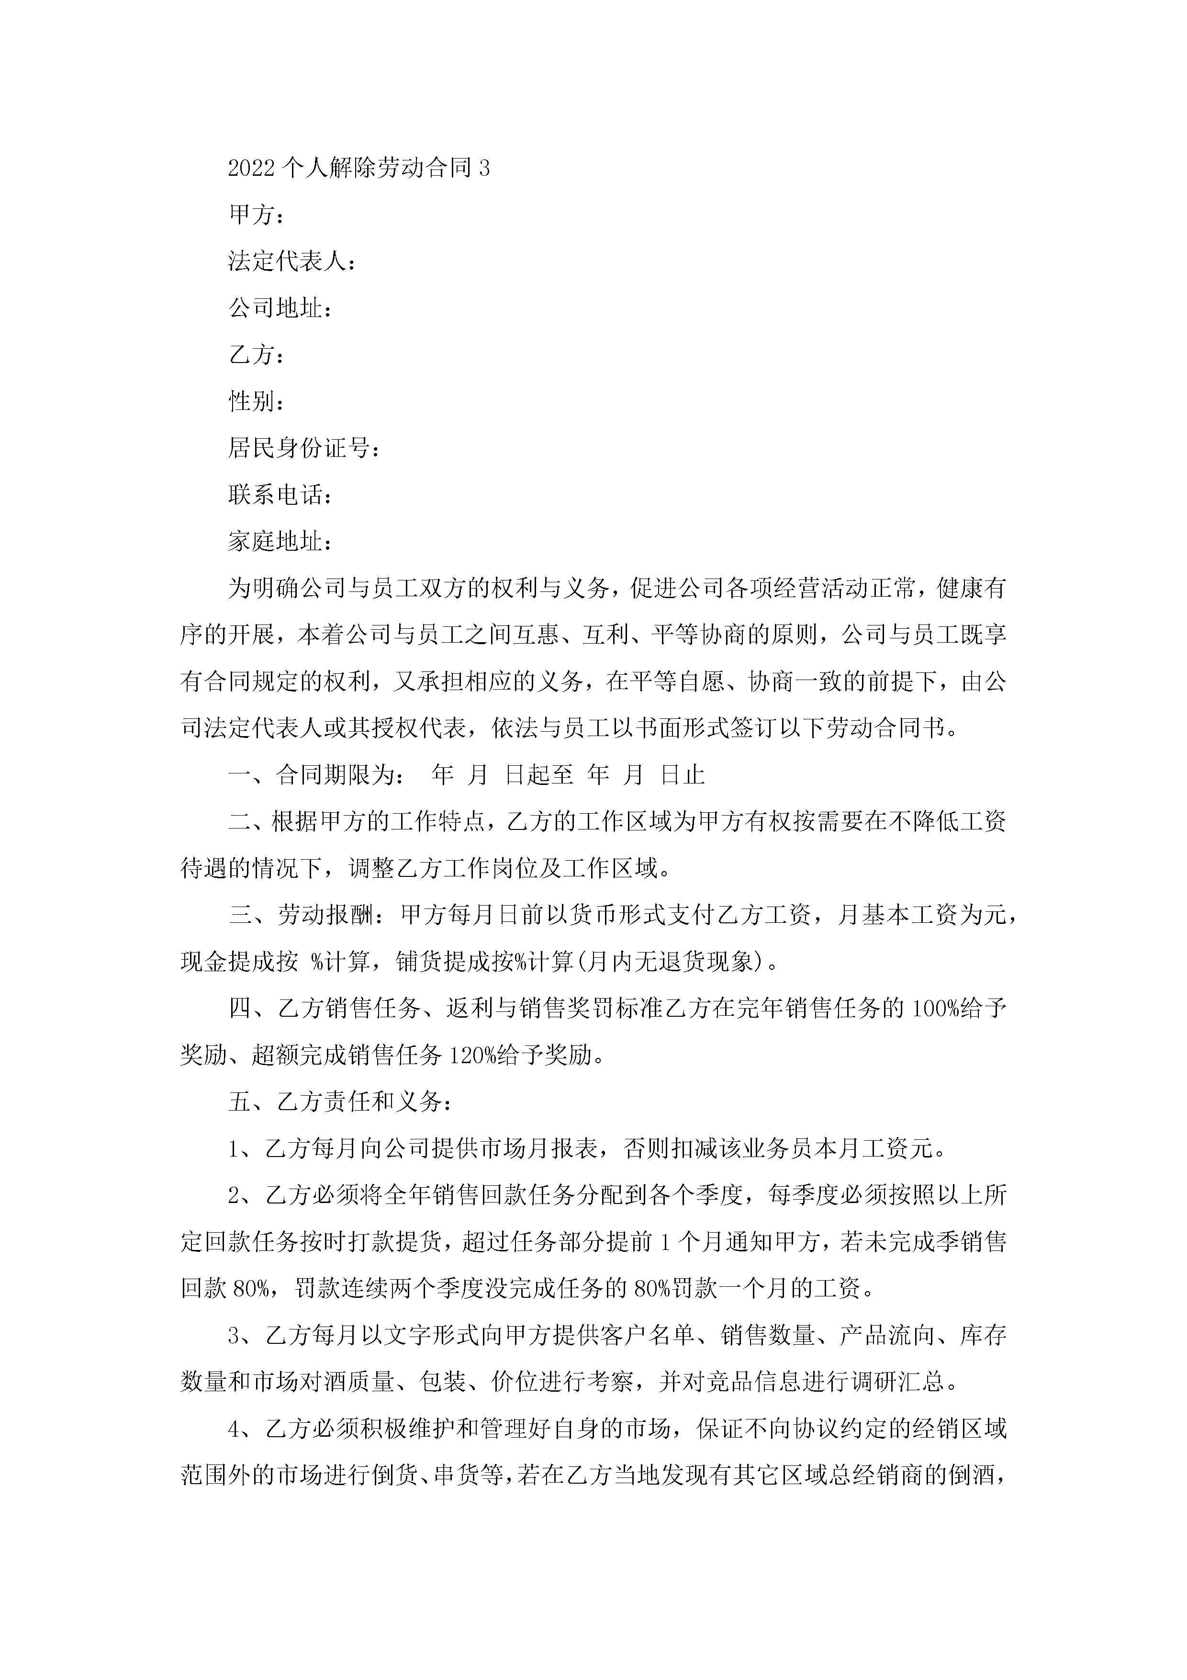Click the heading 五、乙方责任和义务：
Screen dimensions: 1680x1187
coord(340,1102)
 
